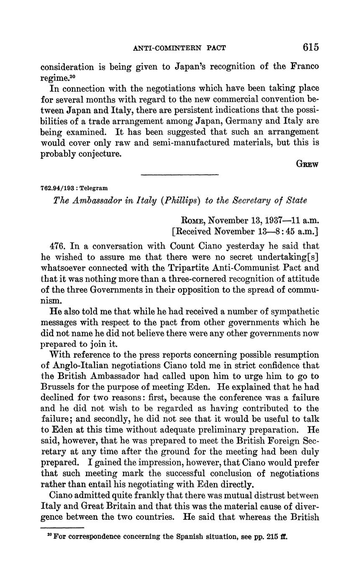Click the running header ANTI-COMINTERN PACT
(x=179, y=48)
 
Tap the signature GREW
(x=307, y=164)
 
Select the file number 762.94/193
(x=58, y=188)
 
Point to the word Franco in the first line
(x=304, y=67)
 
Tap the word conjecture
(x=99, y=154)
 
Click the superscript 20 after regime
(x=72, y=75)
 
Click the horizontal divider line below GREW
(x=180, y=174)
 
